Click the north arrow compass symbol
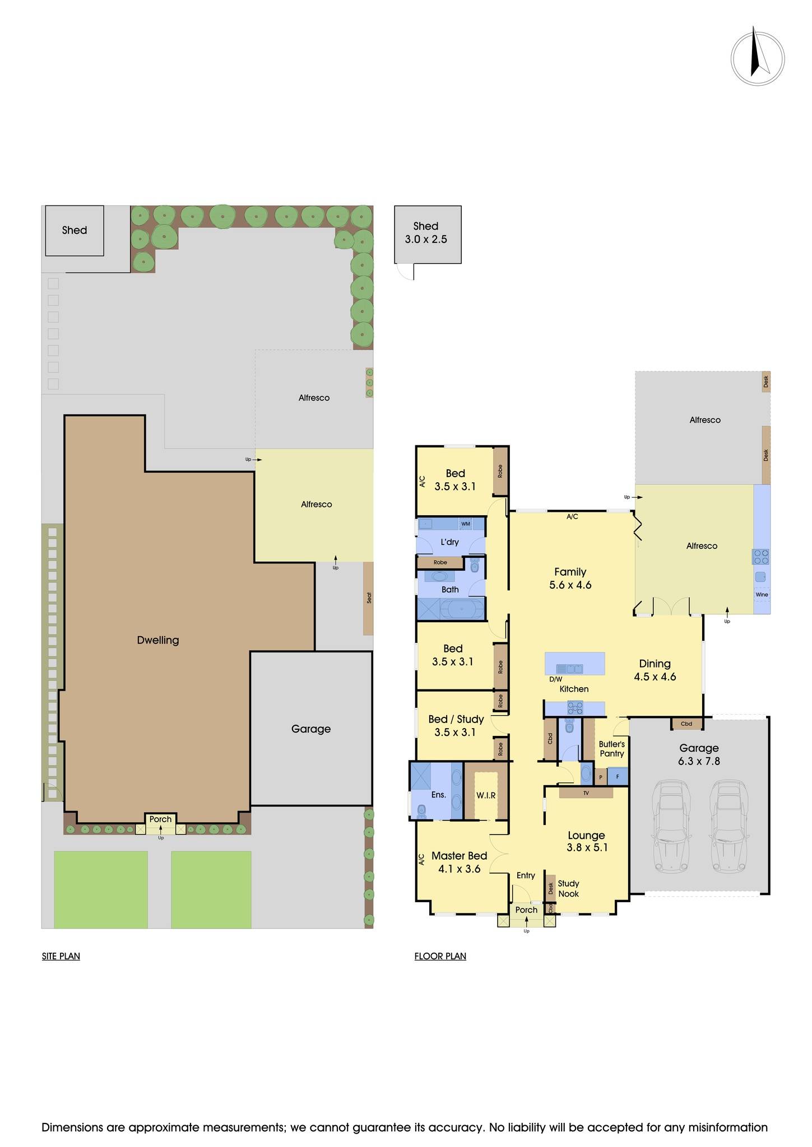[x=757, y=58]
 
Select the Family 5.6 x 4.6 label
[x=570, y=579]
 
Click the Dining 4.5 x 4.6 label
[x=655, y=670]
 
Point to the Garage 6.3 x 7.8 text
[x=699, y=754]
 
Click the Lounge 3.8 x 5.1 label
[x=586, y=841]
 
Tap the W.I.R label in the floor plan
[x=486, y=795]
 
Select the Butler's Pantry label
[x=611, y=749]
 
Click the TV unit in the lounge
[x=586, y=793]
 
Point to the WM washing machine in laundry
[x=465, y=524]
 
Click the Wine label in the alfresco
[x=762, y=595]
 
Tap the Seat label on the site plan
[x=369, y=598]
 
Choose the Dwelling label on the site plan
[x=158, y=640]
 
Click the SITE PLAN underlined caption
[x=61, y=956]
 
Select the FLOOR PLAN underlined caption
[x=440, y=956]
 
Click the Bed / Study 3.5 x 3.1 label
[x=456, y=726]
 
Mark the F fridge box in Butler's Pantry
[x=618, y=777]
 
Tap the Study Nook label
[x=568, y=889]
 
